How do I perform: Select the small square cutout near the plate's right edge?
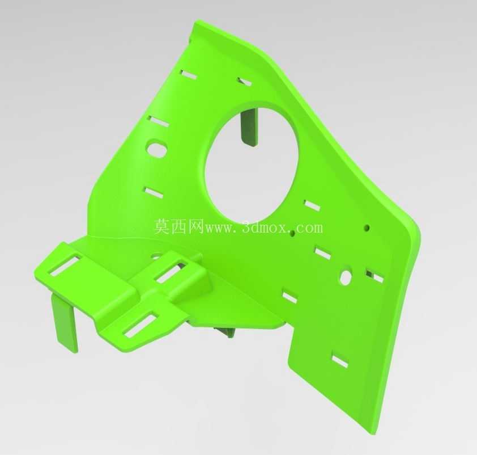coord(375,276)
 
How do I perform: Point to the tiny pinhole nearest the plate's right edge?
coord(368,227)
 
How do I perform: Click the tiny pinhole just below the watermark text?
coord(292,234)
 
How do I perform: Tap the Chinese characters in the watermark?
coord(178,226)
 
